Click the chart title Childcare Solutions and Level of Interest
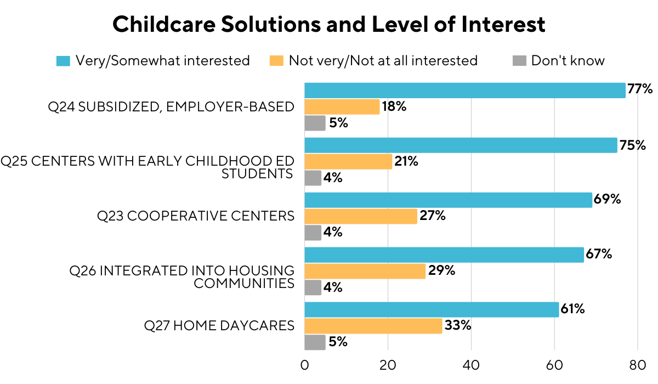click(x=329, y=25)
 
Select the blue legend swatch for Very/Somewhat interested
click(x=64, y=61)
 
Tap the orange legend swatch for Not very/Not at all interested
click(x=277, y=61)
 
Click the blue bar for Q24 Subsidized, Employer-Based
click(x=464, y=91)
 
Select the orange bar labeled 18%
click(x=342, y=106)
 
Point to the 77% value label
click(x=640, y=89)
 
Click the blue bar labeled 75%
click(x=461, y=145)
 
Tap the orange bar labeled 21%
click(x=348, y=161)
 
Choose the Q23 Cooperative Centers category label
click(x=196, y=216)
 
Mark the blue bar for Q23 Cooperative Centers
click(x=448, y=200)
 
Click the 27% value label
click(x=432, y=216)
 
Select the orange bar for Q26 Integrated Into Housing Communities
click(x=365, y=271)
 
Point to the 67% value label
click(x=599, y=255)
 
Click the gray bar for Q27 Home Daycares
click(x=315, y=342)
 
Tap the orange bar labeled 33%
click(x=373, y=326)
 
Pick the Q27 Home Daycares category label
click(x=219, y=326)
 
